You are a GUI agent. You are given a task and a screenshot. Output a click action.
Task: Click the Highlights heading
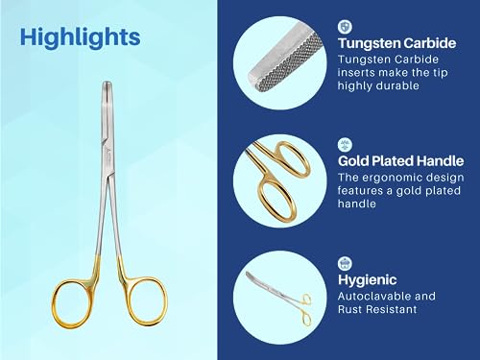pos(80,37)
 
